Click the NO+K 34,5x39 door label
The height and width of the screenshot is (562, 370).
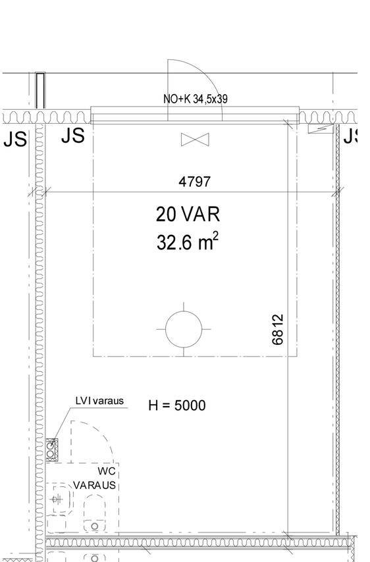pos(196,99)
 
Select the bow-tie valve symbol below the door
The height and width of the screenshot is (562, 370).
pos(194,139)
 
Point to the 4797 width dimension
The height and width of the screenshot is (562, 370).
pos(195,181)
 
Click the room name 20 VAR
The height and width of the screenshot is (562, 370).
pos(188,214)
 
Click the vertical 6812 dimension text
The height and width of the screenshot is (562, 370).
pos(278,329)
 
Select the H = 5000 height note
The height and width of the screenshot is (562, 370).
pos(177,405)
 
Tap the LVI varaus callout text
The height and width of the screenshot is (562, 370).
pos(99,401)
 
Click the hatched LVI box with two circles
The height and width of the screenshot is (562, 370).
pos(51,449)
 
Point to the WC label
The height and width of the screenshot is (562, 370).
pos(107,472)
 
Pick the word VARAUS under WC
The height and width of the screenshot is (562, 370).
pos(95,485)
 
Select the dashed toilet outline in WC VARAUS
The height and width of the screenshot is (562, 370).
pos(95,514)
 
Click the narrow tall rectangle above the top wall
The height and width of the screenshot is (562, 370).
pos(40,90)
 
